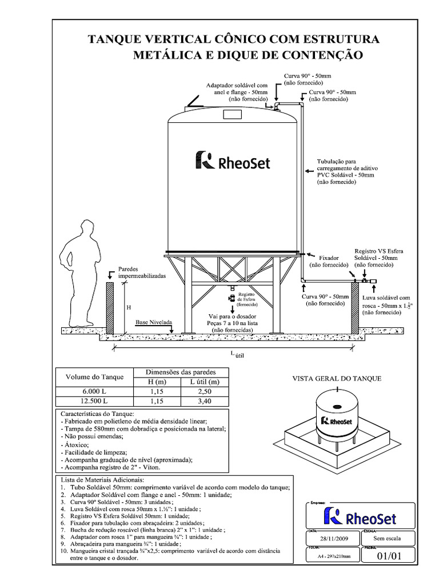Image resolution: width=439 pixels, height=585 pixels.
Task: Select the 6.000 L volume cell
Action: click(x=94, y=391)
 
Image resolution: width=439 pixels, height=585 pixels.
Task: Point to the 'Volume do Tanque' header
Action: click(x=94, y=376)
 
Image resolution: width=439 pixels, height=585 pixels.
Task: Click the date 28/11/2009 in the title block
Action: click(x=334, y=539)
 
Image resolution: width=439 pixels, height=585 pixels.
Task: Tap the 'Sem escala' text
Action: click(x=388, y=539)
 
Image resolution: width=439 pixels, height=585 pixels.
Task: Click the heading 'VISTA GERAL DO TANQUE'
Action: click(x=337, y=379)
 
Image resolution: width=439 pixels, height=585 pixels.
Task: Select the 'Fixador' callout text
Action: click(x=328, y=259)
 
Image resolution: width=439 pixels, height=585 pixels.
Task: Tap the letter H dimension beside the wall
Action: click(x=129, y=307)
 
